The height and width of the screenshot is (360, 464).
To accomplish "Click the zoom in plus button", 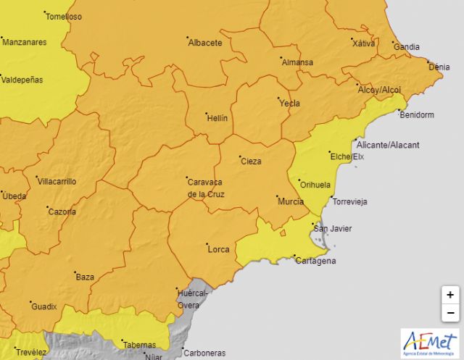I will tap(450, 295).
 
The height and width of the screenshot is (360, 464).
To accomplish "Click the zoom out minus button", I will tap(450, 313).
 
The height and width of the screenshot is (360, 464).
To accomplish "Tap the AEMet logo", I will tap(429, 342).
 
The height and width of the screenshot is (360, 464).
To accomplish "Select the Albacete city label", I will tap(205, 43).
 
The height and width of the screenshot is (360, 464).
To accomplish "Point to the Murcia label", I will tap(291, 201).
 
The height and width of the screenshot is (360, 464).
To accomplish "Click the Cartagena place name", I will tap(315, 261).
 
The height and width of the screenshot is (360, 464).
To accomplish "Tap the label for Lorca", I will tap(218, 249).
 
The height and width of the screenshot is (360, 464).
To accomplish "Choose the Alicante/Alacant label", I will tap(389, 146).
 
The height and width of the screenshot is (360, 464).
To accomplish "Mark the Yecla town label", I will tap(290, 104).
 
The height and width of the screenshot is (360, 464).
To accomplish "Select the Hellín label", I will tap(217, 118).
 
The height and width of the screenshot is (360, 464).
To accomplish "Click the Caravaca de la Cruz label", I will tap(205, 188).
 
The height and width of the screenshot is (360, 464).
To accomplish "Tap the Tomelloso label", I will tap(65, 17).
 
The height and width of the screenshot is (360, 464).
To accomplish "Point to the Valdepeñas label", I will tap(22, 79).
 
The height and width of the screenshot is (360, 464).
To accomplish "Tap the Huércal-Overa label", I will tap(193, 298).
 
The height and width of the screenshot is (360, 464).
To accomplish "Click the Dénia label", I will tap(439, 67).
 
